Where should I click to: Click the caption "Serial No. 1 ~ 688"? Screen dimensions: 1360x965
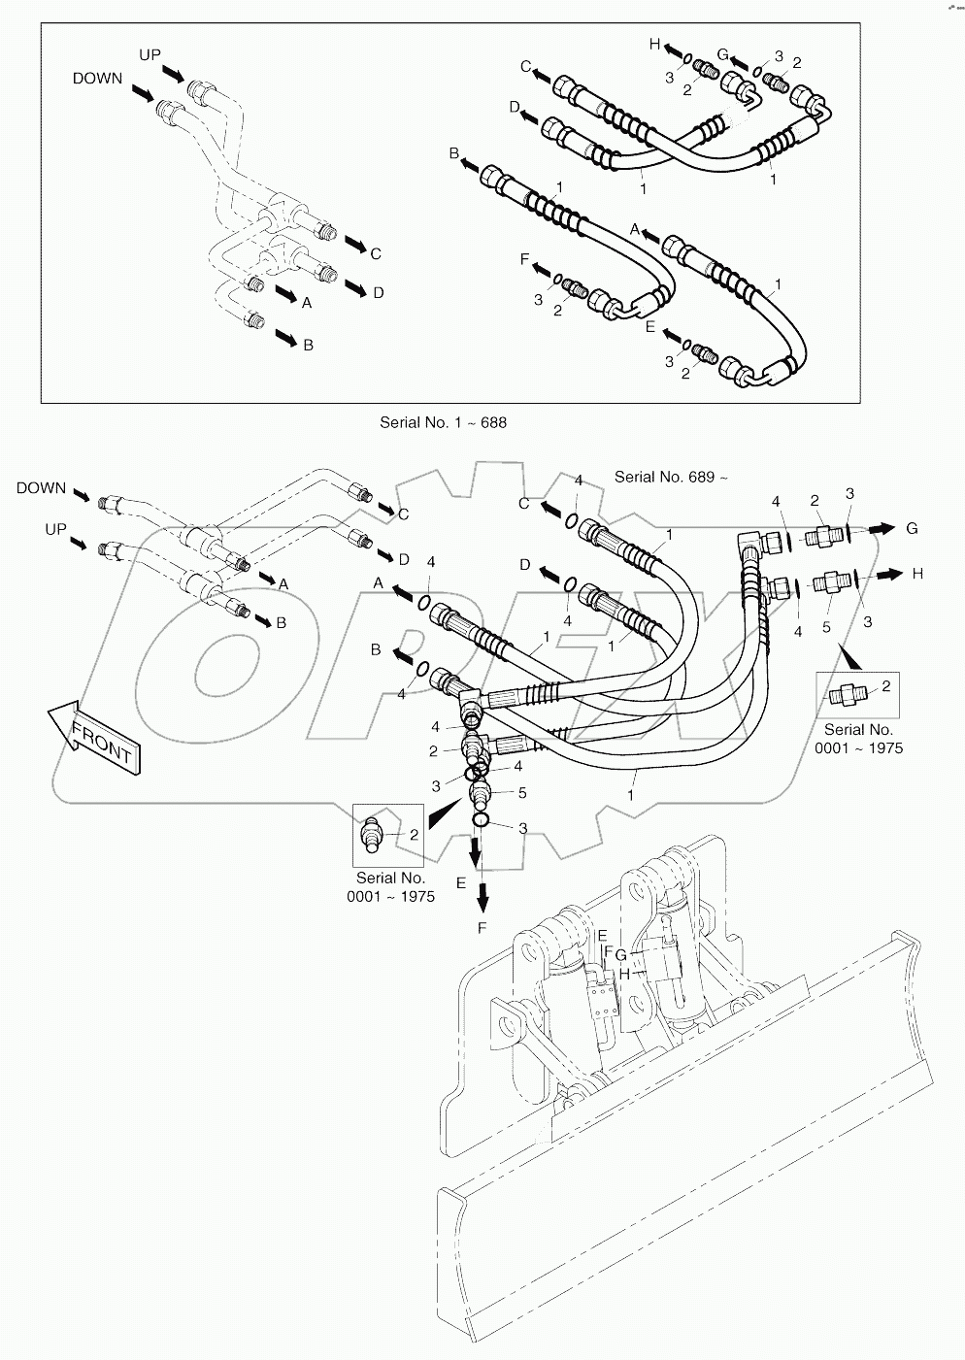443,422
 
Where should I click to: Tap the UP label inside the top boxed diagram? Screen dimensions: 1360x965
150,55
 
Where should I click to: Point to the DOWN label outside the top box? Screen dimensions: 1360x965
41,488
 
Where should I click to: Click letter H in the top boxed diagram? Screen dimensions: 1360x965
654,44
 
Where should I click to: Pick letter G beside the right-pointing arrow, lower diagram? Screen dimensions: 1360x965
912,528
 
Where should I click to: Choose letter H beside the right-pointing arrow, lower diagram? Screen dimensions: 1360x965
917,574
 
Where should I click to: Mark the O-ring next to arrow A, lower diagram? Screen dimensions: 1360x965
423,603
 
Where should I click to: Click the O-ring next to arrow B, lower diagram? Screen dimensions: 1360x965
420,670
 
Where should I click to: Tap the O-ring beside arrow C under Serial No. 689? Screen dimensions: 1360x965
572,521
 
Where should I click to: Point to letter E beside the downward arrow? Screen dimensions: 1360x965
461,882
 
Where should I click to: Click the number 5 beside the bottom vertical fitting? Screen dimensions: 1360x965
521,793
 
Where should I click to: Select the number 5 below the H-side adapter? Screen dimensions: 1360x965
827,627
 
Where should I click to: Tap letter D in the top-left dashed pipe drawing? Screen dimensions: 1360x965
378,292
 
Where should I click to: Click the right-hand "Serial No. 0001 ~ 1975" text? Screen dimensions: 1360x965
858,738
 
